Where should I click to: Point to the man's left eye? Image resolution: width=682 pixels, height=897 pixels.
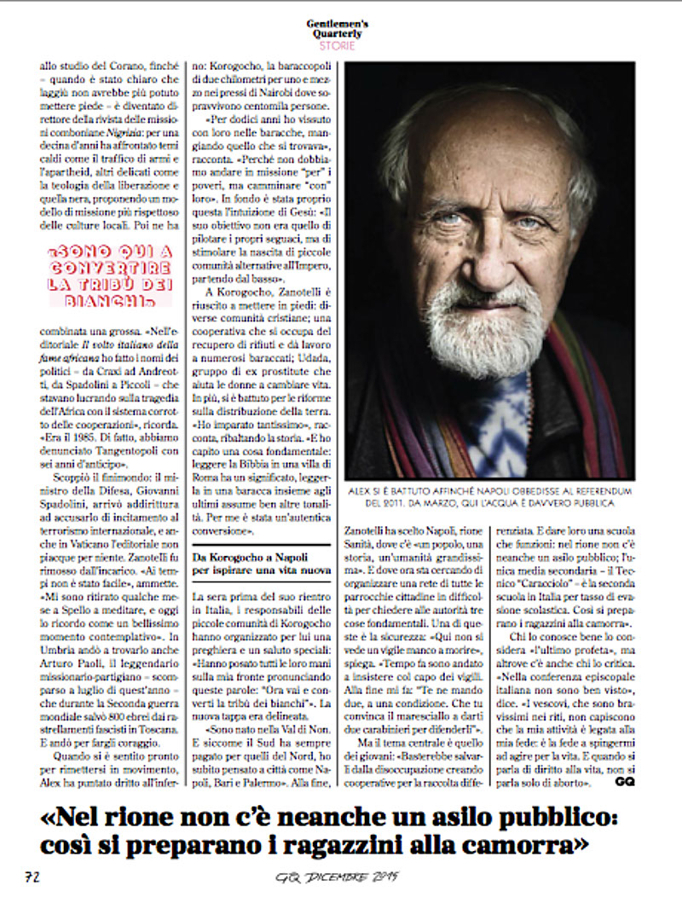tap(531, 223)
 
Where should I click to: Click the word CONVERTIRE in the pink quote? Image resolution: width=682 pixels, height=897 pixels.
tap(109, 268)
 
